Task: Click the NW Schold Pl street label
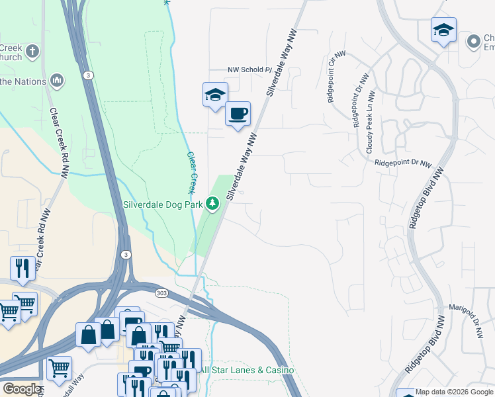point(249,69)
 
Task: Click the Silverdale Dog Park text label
point(163,204)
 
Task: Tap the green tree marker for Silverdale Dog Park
point(212,204)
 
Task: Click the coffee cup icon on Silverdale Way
point(238,114)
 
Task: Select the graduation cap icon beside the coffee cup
point(215,95)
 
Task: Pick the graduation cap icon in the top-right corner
point(443,30)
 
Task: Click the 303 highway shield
point(162,292)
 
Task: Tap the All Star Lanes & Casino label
point(247,370)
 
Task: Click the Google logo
point(21,389)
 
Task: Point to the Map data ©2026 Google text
point(454,392)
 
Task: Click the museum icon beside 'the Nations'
point(57,81)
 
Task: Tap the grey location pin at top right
point(473,42)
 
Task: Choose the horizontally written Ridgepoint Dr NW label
point(402,163)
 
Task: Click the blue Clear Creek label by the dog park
point(192,173)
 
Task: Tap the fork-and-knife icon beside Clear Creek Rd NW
point(22,267)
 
